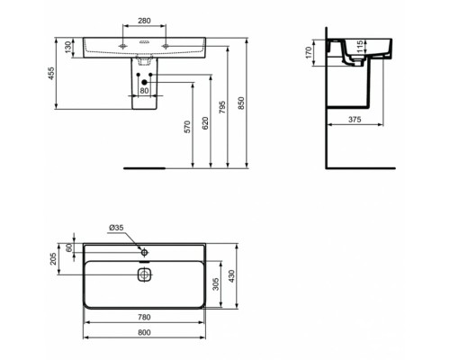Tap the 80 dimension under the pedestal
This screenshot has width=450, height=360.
tap(144, 90)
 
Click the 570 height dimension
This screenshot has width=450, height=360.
tap(188, 127)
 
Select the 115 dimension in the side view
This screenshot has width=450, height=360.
tap(359, 47)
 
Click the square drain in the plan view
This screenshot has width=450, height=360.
tap(143, 275)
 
